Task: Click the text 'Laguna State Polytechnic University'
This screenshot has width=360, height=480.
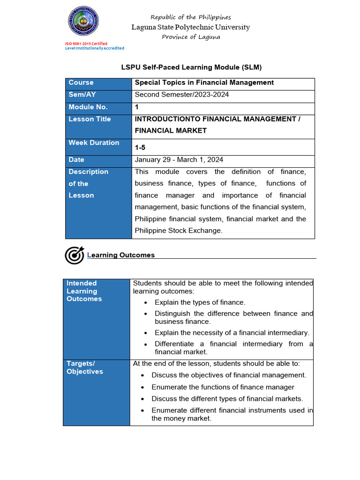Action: click(191, 27)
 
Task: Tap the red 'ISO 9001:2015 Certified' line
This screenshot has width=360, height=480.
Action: click(86, 44)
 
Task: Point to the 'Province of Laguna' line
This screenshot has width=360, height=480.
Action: click(191, 37)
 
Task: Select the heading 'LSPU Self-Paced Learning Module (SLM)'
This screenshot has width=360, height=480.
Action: click(191, 67)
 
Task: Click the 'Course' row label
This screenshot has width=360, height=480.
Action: click(81, 82)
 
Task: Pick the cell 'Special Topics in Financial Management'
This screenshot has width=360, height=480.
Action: click(204, 82)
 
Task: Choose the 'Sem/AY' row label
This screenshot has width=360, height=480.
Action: click(82, 95)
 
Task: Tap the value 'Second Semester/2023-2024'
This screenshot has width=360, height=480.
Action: click(182, 95)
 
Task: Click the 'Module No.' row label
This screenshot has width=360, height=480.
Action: click(88, 107)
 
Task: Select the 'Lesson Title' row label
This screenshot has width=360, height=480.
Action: click(90, 119)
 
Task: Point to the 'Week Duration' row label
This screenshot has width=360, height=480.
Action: click(94, 142)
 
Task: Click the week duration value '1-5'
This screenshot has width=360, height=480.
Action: click(140, 148)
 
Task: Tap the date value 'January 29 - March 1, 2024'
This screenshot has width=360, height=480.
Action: click(179, 160)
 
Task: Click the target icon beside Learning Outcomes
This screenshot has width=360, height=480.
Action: click(74, 255)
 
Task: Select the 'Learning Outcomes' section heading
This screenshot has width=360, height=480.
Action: click(121, 255)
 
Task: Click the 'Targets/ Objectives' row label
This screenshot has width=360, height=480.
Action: click(85, 367)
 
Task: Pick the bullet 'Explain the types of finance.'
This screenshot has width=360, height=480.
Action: click(200, 302)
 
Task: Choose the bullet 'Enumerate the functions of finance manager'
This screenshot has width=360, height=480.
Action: click(223, 387)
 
